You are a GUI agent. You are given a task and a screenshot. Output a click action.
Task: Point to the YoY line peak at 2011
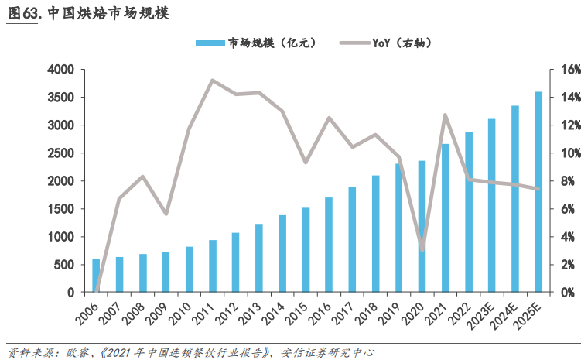212,80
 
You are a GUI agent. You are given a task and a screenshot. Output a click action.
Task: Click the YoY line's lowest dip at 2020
422,249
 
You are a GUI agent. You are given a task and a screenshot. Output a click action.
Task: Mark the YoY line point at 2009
166,213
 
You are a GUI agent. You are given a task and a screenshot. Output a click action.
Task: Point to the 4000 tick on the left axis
60,70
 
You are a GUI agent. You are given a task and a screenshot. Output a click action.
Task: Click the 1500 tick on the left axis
60,209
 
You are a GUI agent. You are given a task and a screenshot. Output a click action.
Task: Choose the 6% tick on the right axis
561,209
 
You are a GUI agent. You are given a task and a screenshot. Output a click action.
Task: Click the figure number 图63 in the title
23,13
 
